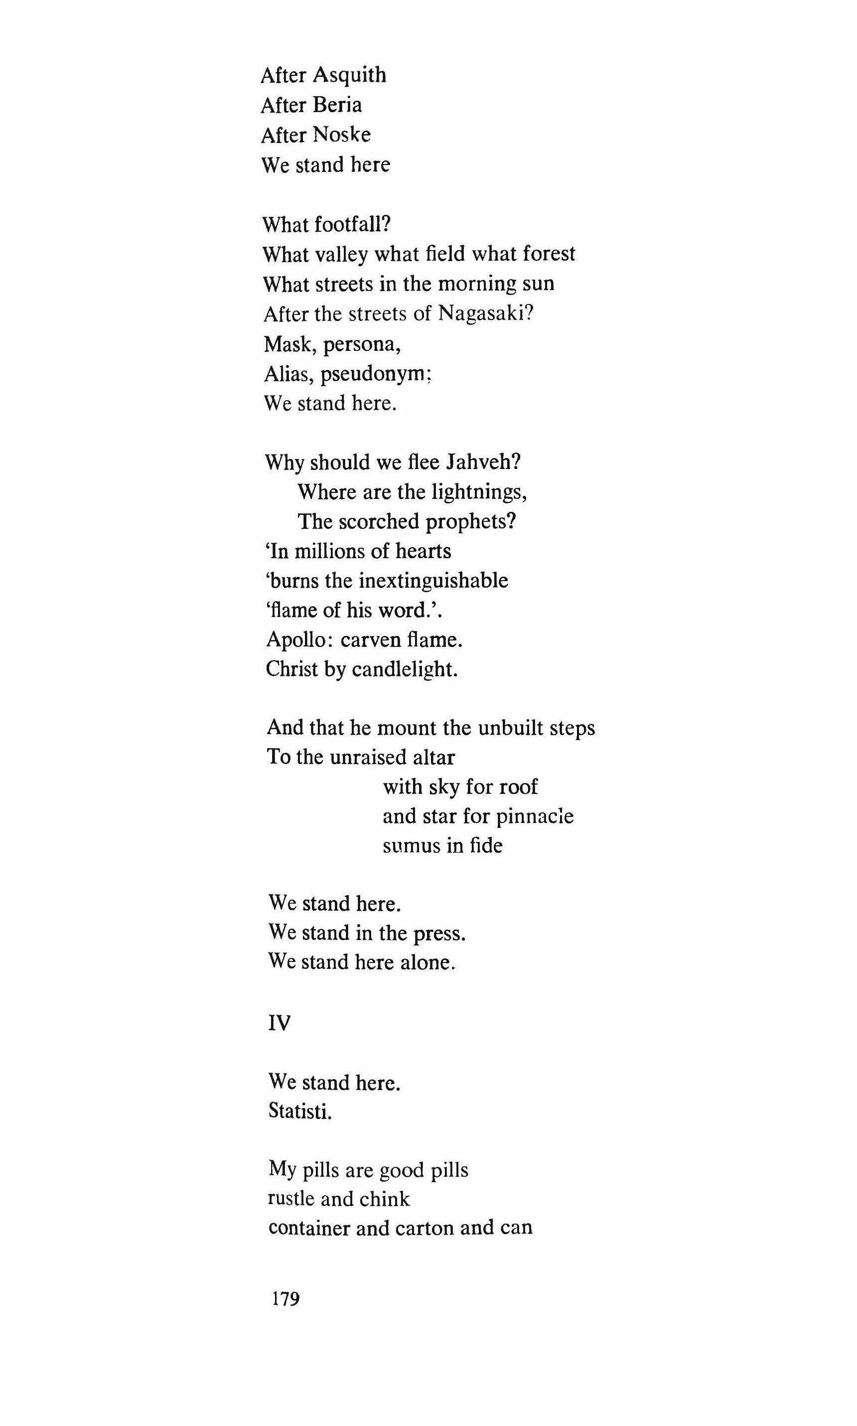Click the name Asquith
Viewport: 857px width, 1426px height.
350,76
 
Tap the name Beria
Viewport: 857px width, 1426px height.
337,105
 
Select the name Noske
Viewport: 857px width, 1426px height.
341,135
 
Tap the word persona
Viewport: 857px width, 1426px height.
362,345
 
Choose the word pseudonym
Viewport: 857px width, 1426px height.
375,375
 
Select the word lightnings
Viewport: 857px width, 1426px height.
479,492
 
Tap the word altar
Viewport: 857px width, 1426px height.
433,757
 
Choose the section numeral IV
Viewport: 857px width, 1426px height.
280,1023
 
